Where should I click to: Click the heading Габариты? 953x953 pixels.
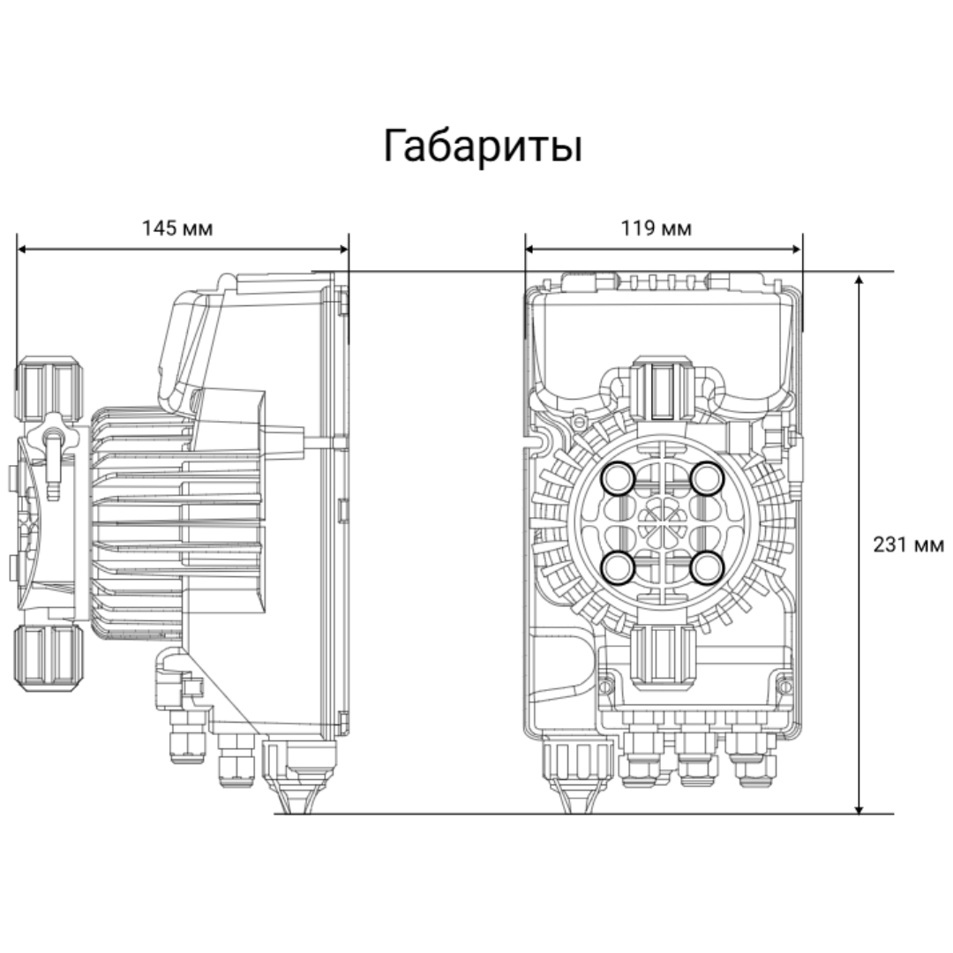pos(483,146)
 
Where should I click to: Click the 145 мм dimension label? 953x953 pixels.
pos(176,229)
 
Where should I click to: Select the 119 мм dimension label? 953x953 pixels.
pos(656,229)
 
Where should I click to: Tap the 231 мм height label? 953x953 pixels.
pos(909,544)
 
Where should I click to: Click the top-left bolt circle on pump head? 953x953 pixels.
pos(618,479)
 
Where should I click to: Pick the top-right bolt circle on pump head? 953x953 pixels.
pos(707,479)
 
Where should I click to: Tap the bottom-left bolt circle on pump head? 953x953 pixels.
pos(618,567)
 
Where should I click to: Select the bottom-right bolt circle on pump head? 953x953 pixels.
pos(707,567)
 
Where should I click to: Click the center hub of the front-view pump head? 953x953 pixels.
pos(663,523)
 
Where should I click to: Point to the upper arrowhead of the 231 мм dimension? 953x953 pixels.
pos(859,280)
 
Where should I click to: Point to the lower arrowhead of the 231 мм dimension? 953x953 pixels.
pos(859,807)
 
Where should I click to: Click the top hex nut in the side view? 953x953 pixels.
pos(48,390)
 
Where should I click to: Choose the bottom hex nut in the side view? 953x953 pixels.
pos(48,657)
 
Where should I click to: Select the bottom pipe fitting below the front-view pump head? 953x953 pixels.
pos(663,657)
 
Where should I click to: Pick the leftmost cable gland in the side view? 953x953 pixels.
pos(188,737)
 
